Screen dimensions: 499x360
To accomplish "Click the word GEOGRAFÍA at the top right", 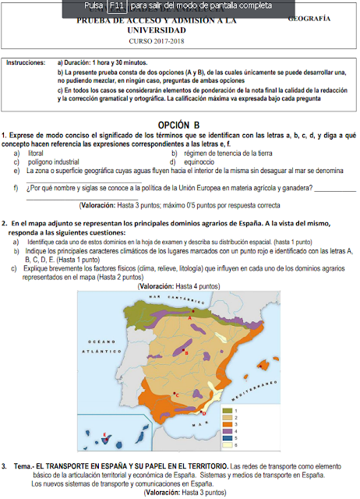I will [x=309, y=18].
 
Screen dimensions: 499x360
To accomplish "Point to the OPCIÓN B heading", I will [x=178, y=124].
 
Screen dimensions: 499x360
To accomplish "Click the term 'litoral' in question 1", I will [x=35, y=154].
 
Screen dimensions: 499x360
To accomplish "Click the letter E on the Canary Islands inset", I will [x=104, y=433].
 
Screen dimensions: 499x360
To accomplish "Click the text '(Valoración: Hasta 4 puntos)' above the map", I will [x=180, y=287].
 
